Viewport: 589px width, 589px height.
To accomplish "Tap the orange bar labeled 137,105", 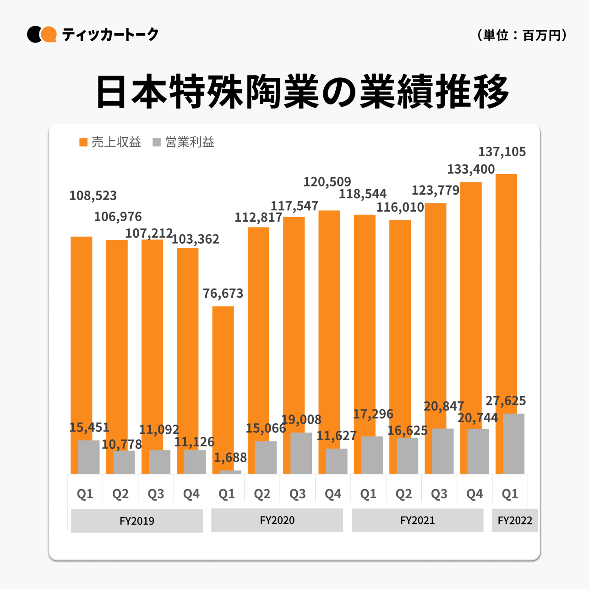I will pyautogui.click(x=506, y=293).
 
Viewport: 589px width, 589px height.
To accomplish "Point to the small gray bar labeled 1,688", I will pyautogui.click(x=230, y=472).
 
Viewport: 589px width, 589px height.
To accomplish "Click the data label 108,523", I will pyautogui.click(x=93, y=196).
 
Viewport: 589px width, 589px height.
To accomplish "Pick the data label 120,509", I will pyautogui.click(x=327, y=182).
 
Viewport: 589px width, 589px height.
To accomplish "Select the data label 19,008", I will pyautogui.click(x=301, y=420).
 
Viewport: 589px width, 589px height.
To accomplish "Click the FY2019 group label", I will pyautogui.click(x=137, y=521).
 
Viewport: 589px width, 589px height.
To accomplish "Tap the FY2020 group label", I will pyautogui.click(x=277, y=520).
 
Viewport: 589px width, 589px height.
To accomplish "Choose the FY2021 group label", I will pyautogui.click(x=417, y=520).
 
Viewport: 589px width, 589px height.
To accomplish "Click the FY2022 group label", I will pyautogui.click(x=515, y=520).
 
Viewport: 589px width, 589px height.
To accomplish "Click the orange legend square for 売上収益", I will pyautogui.click(x=83, y=142).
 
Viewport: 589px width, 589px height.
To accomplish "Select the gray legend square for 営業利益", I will pyautogui.click(x=157, y=142).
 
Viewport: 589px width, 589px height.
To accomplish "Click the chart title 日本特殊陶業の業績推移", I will pyautogui.click(x=302, y=92).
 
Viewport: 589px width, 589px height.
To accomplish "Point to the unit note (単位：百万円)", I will pyautogui.click(x=522, y=35).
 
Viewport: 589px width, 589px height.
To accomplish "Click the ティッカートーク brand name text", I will pyautogui.click(x=110, y=34).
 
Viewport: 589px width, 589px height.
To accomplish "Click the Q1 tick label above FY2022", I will pyautogui.click(x=510, y=494).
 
